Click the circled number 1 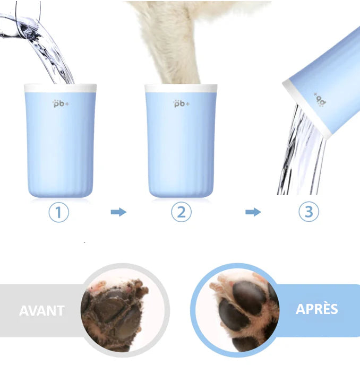click(58, 212)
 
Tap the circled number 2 click(181, 212)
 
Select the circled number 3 click(309, 212)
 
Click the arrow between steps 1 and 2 click(118, 212)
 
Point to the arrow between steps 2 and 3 click(253, 212)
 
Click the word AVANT click(42, 311)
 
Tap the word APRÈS click(317, 309)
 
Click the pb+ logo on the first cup click(61, 103)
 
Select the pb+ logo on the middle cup click(182, 103)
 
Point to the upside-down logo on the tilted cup click(320, 100)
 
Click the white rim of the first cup click(61, 88)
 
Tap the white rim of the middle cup click(181, 88)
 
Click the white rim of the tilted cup click(307, 110)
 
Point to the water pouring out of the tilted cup click(302, 152)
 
